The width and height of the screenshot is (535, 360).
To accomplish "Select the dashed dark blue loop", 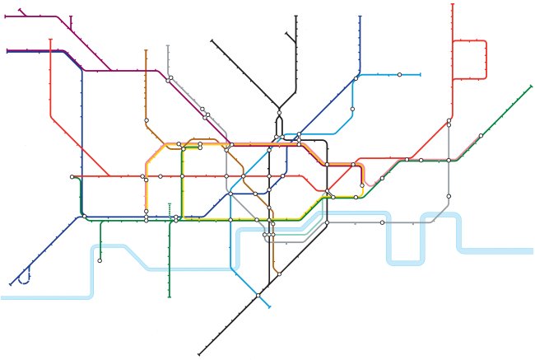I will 26,276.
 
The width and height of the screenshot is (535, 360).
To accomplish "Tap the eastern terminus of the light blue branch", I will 420,75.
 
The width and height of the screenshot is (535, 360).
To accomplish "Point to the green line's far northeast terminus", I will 529,86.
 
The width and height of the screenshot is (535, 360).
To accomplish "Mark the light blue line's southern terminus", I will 269,306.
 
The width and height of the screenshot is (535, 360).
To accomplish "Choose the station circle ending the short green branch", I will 100,260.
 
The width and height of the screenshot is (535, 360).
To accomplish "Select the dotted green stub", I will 170,209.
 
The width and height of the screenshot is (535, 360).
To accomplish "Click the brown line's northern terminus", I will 147,50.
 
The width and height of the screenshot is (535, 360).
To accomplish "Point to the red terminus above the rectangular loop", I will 453,5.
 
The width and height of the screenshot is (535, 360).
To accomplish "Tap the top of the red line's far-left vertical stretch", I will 50,39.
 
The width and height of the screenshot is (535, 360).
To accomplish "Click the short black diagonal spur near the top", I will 290,37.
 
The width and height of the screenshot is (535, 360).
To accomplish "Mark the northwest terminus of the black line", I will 212,39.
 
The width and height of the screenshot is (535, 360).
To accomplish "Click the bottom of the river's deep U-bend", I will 404,261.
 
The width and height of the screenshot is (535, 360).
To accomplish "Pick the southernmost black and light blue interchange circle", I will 258,295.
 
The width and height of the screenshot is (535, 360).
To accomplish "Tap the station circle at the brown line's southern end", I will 279,274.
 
